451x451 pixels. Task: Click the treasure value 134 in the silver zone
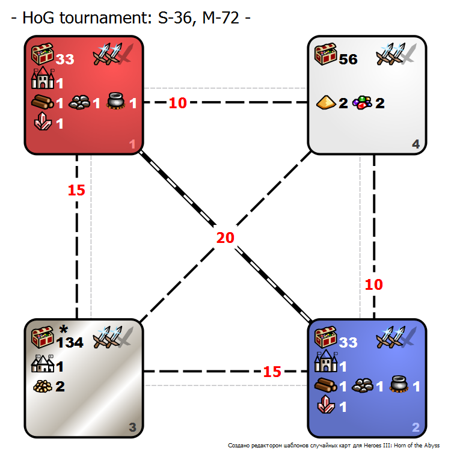70,343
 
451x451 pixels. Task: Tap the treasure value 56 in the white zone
348,60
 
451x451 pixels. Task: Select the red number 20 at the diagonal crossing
226,238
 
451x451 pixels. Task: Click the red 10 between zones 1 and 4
178,103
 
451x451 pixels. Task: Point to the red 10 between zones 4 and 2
373,285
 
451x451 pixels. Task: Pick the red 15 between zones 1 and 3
76,190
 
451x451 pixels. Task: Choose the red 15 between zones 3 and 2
272,372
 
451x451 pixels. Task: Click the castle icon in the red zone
43,78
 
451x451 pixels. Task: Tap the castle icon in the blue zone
325,361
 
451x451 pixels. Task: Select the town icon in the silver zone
43,363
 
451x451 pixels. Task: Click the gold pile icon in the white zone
326,102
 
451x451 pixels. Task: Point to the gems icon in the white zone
363,103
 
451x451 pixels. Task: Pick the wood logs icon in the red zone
43,102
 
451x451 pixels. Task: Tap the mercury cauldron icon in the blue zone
399,385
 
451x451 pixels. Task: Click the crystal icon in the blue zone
326,405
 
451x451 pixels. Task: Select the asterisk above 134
63,330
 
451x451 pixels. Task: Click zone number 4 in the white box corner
416,144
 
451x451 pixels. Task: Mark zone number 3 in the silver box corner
132,428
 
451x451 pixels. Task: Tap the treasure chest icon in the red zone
42,54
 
